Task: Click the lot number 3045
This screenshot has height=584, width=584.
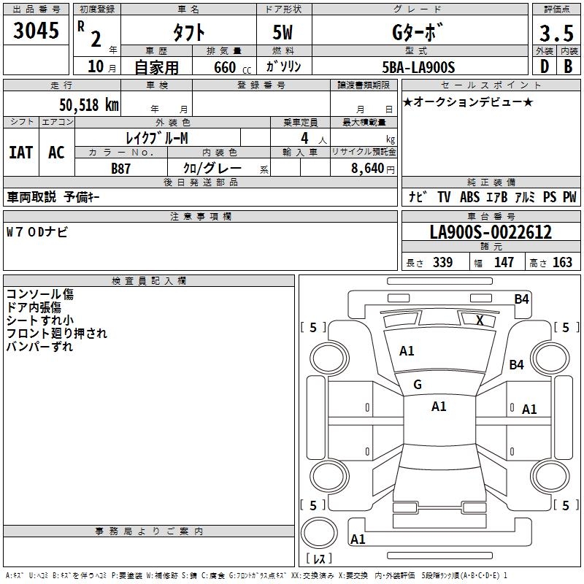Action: [36, 31]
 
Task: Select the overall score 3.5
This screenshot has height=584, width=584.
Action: [556, 33]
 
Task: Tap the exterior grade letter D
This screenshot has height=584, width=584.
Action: [545, 66]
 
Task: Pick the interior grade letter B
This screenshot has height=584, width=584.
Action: [568, 66]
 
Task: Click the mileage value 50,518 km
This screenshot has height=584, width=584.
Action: [89, 105]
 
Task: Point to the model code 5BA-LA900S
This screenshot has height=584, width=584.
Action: [418, 67]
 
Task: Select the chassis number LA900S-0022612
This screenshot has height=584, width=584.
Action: [491, 232]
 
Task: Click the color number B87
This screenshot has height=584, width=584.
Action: [120, 169]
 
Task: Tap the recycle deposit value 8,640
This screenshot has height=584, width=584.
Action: [368, 168]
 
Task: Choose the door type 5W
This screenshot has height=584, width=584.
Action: [283, 32]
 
